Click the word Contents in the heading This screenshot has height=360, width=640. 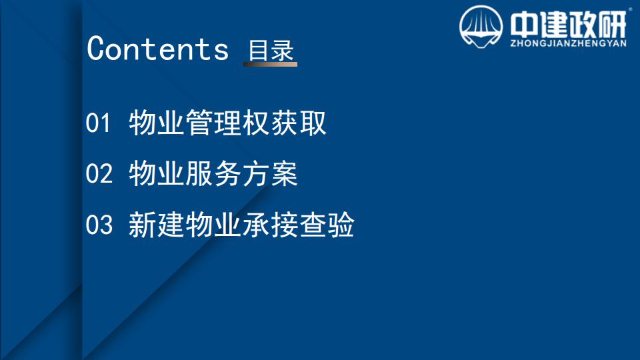[157, 49]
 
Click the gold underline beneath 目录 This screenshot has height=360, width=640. [270, 64]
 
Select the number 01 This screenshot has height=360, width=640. [99, 123]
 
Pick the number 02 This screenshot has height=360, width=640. [99, 173]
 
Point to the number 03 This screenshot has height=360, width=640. [99, 225]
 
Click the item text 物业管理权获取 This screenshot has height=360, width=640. [228, 123]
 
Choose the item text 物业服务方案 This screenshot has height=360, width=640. [213, 173]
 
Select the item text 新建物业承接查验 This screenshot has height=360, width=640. [241, 225]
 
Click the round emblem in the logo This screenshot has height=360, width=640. [481, 27]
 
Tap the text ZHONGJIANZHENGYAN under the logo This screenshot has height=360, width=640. [568, 43]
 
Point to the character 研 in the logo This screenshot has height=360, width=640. [613, 25]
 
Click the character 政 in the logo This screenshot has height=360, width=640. [584, 25]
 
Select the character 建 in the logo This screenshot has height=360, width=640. [554, 25]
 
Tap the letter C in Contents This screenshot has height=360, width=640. [96, 49]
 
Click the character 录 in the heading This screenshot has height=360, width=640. [283, 51]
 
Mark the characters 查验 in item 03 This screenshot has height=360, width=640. [327, 225]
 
